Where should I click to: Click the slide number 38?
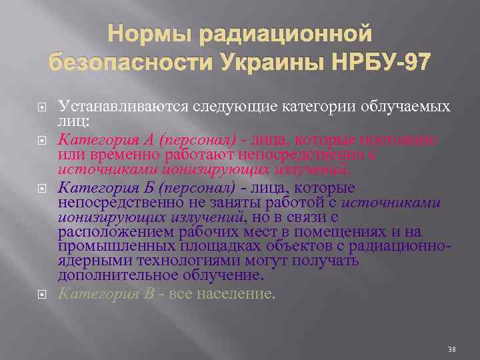tap(451, 349)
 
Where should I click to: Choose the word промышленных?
tap(118, 245)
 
